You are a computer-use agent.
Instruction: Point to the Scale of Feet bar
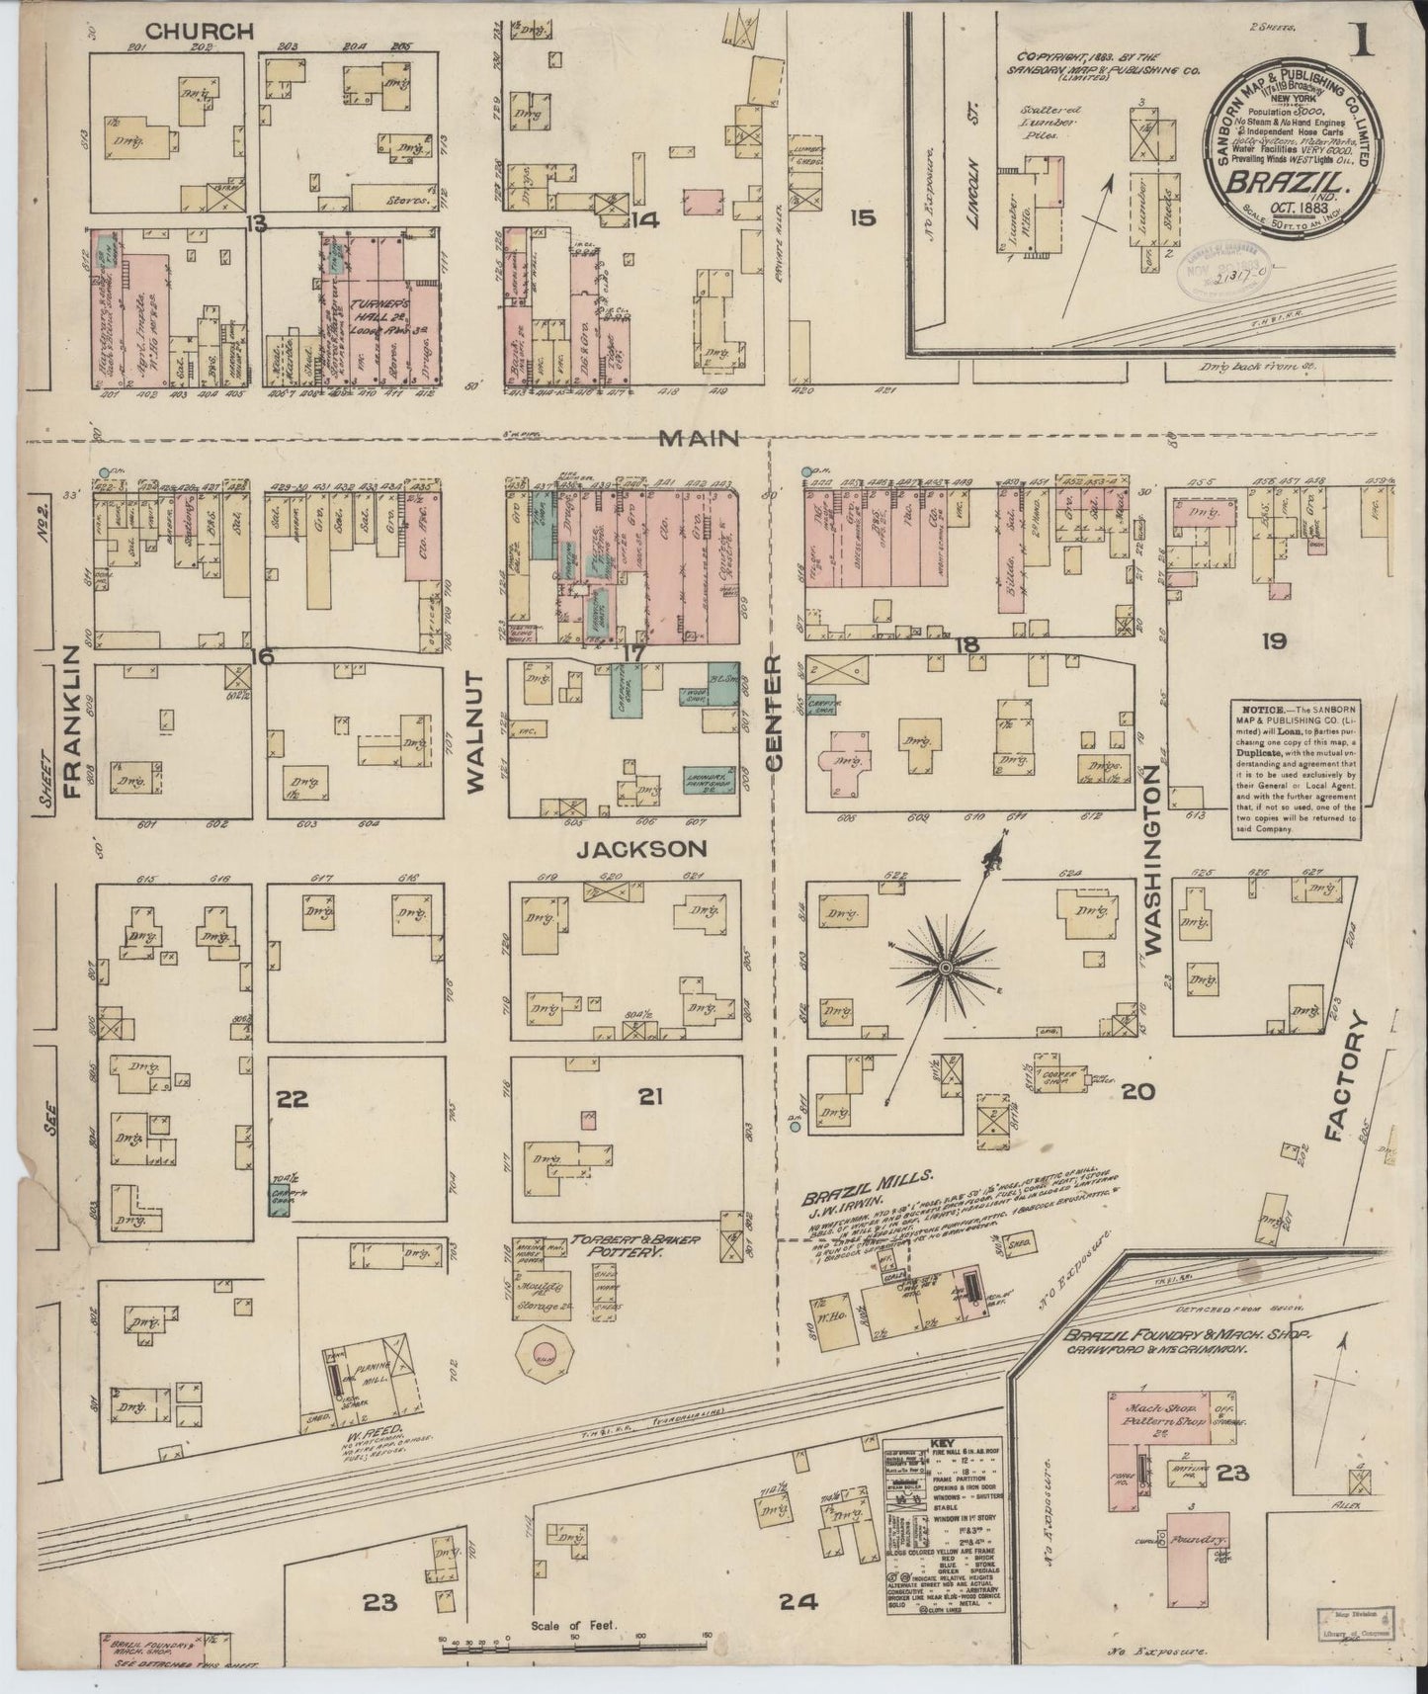pos(573,1642)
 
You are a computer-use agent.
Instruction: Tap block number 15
pos(862,217)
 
